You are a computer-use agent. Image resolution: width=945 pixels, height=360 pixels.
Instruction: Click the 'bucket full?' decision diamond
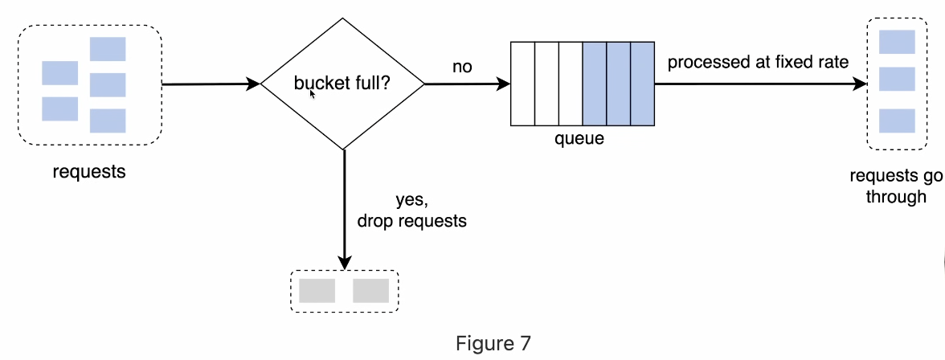(343, 83)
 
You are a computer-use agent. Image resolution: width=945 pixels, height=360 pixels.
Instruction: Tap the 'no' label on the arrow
(462, 67)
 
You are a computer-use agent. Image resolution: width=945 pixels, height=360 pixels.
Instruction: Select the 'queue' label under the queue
(579, 139)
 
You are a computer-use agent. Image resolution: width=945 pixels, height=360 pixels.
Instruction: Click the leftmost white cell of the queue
(522, 84)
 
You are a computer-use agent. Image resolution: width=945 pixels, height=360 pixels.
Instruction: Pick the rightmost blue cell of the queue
(642, 84)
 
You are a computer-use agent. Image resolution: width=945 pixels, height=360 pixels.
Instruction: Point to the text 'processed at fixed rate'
(758, 62)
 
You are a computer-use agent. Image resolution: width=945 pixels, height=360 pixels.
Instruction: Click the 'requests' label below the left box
(89, 171)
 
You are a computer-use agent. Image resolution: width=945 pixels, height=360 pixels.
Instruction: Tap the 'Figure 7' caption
(493, 343)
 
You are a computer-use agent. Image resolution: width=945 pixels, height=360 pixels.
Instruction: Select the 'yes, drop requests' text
(411, 211)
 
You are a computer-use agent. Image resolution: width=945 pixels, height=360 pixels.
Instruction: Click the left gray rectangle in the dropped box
(317, 291)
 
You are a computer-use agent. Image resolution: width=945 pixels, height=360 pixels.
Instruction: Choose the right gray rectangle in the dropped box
(370, 291)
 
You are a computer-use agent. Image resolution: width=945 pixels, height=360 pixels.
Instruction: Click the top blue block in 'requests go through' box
(897, 42)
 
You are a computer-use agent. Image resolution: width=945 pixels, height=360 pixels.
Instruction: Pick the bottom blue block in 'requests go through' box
(897, 121)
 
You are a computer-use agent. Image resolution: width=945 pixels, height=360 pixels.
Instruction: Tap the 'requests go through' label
(895, 186)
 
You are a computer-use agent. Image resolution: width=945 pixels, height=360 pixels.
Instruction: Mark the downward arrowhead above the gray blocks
(345, 264)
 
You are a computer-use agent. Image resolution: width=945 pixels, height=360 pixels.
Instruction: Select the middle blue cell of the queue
(618, 84)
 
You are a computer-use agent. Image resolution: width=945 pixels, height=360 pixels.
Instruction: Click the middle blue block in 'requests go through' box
(897, 79)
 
